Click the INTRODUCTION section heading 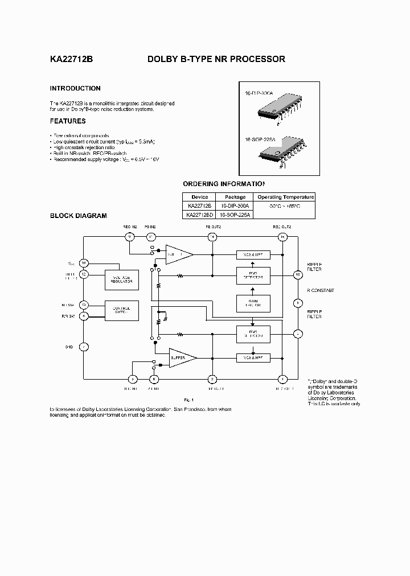coord(75,88)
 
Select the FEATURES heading coord(68,121)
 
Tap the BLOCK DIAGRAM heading coord(78,216)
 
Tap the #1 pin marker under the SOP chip coord(282,166)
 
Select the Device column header coord(200,197)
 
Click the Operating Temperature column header coord(285,197)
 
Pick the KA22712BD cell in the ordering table coord(200,215)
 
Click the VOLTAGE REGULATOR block coord(121,278)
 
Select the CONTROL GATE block coord(121,309)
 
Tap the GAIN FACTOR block coord(253,303)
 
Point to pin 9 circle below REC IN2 coord(130,236)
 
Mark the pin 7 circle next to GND coord(84,346)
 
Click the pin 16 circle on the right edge coord(297,274)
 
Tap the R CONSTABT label coord(321,290)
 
